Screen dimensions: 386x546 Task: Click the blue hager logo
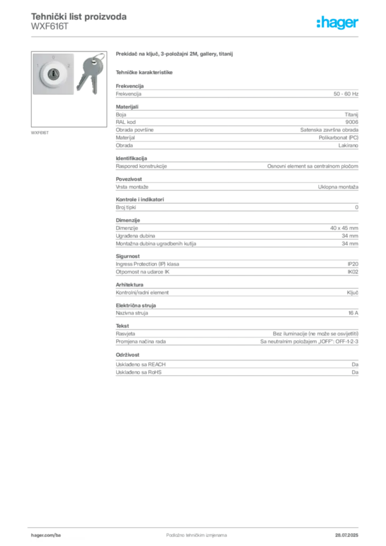[339, 23]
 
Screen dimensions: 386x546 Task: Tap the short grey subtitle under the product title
[144, 72]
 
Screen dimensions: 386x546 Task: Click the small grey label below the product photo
[41, 132]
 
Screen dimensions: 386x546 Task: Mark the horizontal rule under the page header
[196, 36]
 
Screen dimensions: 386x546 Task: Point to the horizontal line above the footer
[196, 526]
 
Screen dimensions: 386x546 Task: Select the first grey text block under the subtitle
[237, 93]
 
